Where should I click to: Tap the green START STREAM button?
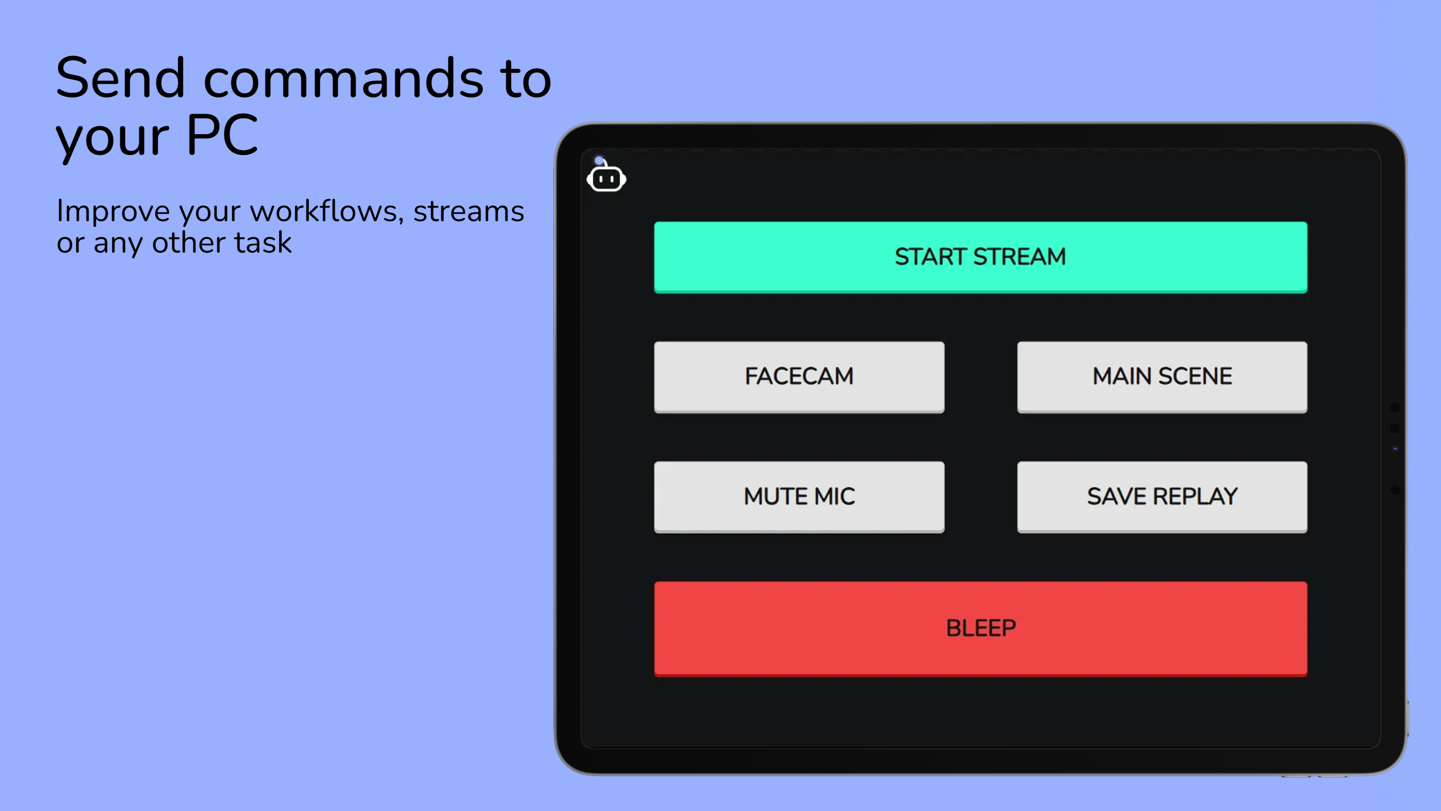click(981, 257)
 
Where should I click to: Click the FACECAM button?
click(799, 377)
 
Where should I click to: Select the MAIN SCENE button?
click(1162, 377)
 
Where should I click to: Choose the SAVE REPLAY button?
click(1162, 497)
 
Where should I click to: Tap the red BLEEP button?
click(981, 629)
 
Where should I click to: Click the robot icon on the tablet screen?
click(606, 177)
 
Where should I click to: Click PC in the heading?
click(222, 135)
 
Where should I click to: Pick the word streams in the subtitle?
click(469, 212)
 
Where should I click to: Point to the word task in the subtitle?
click(263, 243)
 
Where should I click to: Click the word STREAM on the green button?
click(1019, 257)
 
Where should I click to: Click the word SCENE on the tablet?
click(1195, 376)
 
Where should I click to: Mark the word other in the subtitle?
click(189, 243)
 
